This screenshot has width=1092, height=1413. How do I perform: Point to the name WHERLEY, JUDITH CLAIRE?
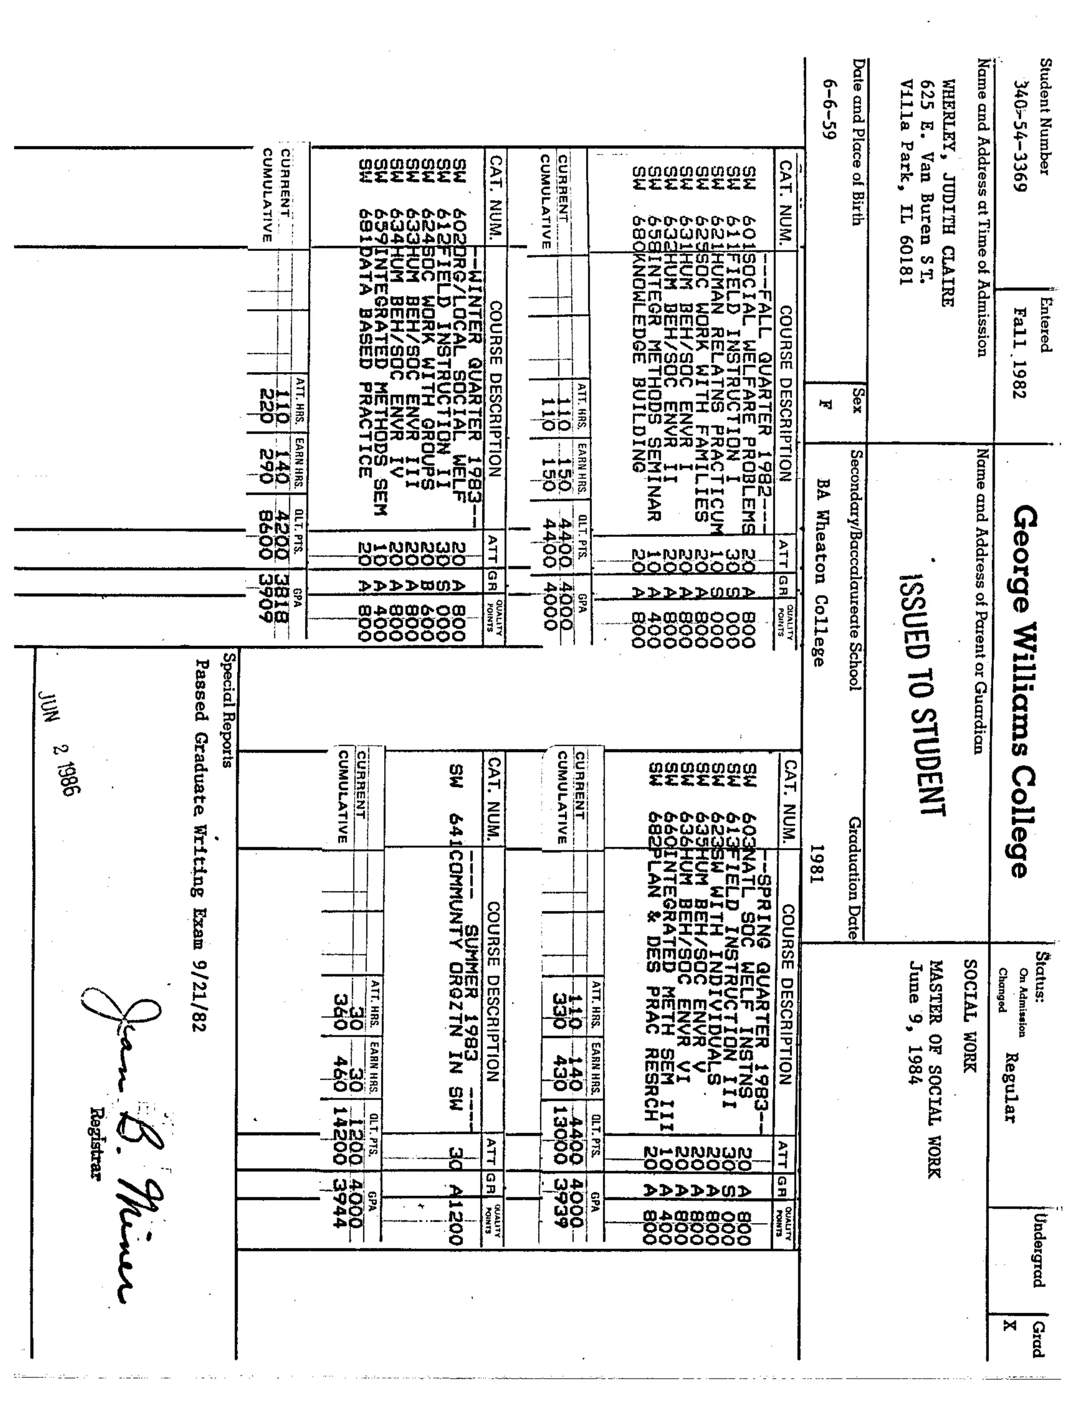click(x=946, y=194)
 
